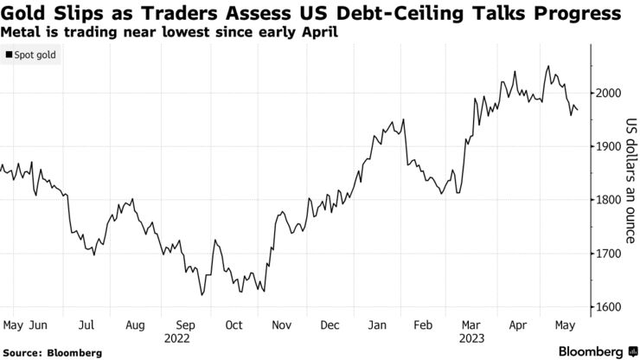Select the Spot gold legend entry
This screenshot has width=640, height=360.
pyautogui.click(x=32, y=55)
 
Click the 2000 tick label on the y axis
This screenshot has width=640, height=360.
pyautogui.click(x=610, y=93)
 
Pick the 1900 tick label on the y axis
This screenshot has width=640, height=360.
pyautogui.click(x=610, y=146)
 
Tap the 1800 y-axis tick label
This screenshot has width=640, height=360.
pyautogui.click(x=610, y=200)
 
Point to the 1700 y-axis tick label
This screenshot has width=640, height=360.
pyautogui.click(x=610, y=254)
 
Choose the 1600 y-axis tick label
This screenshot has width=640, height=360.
pyautogui.click(x=610, y=307)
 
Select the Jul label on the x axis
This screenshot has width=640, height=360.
pyautogui.click(x=86, y=325)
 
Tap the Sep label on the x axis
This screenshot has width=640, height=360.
pyautogui.click(x=185, y=325)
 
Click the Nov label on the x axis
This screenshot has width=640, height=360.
pyautogui.click(x=283, y=325)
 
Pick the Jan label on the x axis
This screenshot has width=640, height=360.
pyautogui.click(x=379, y=325)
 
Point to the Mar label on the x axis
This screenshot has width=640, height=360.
pyautogui.click(x=471, y=325)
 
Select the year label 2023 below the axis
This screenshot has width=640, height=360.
pyautogui.click(x=472, y=339)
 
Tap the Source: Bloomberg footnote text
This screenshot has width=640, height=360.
pyautogui.click(x=52, y=353)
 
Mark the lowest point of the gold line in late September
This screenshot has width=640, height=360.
pyautogui.click(x=201, y=295)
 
